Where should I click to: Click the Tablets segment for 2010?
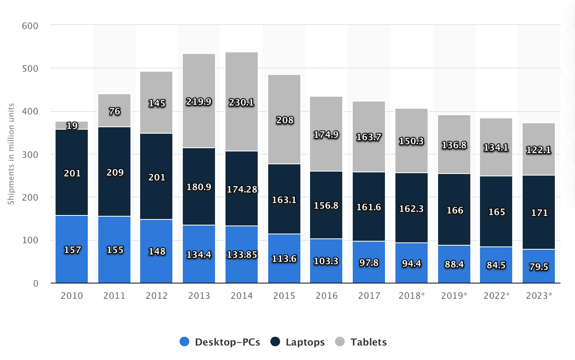coord(72,125)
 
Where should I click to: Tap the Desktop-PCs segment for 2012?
coord(156,251)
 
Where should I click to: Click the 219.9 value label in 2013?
coord(199,101)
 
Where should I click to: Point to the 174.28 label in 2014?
coord(242,189)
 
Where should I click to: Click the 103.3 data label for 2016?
coord(326,261)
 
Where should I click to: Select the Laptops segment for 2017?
coord(369,207)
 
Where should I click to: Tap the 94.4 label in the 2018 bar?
coord(412,263)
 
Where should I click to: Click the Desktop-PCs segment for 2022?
coord(496,265)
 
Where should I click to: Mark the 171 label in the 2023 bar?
coord(539,213)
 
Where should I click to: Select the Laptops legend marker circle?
coord(275,342)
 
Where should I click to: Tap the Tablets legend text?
coord(368,342)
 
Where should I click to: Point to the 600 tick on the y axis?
coord(30,26)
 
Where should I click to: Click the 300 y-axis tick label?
coord(30,155)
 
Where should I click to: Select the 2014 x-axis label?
coord(242,296)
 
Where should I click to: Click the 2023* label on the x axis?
coord(539,296)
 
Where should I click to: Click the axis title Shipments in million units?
coord(11,154)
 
